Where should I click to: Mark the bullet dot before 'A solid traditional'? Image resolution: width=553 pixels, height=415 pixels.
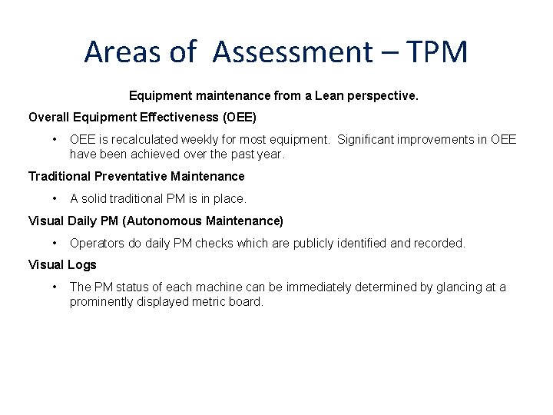coord(55,198)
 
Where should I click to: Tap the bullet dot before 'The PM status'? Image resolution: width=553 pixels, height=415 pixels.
coord(55,287)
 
